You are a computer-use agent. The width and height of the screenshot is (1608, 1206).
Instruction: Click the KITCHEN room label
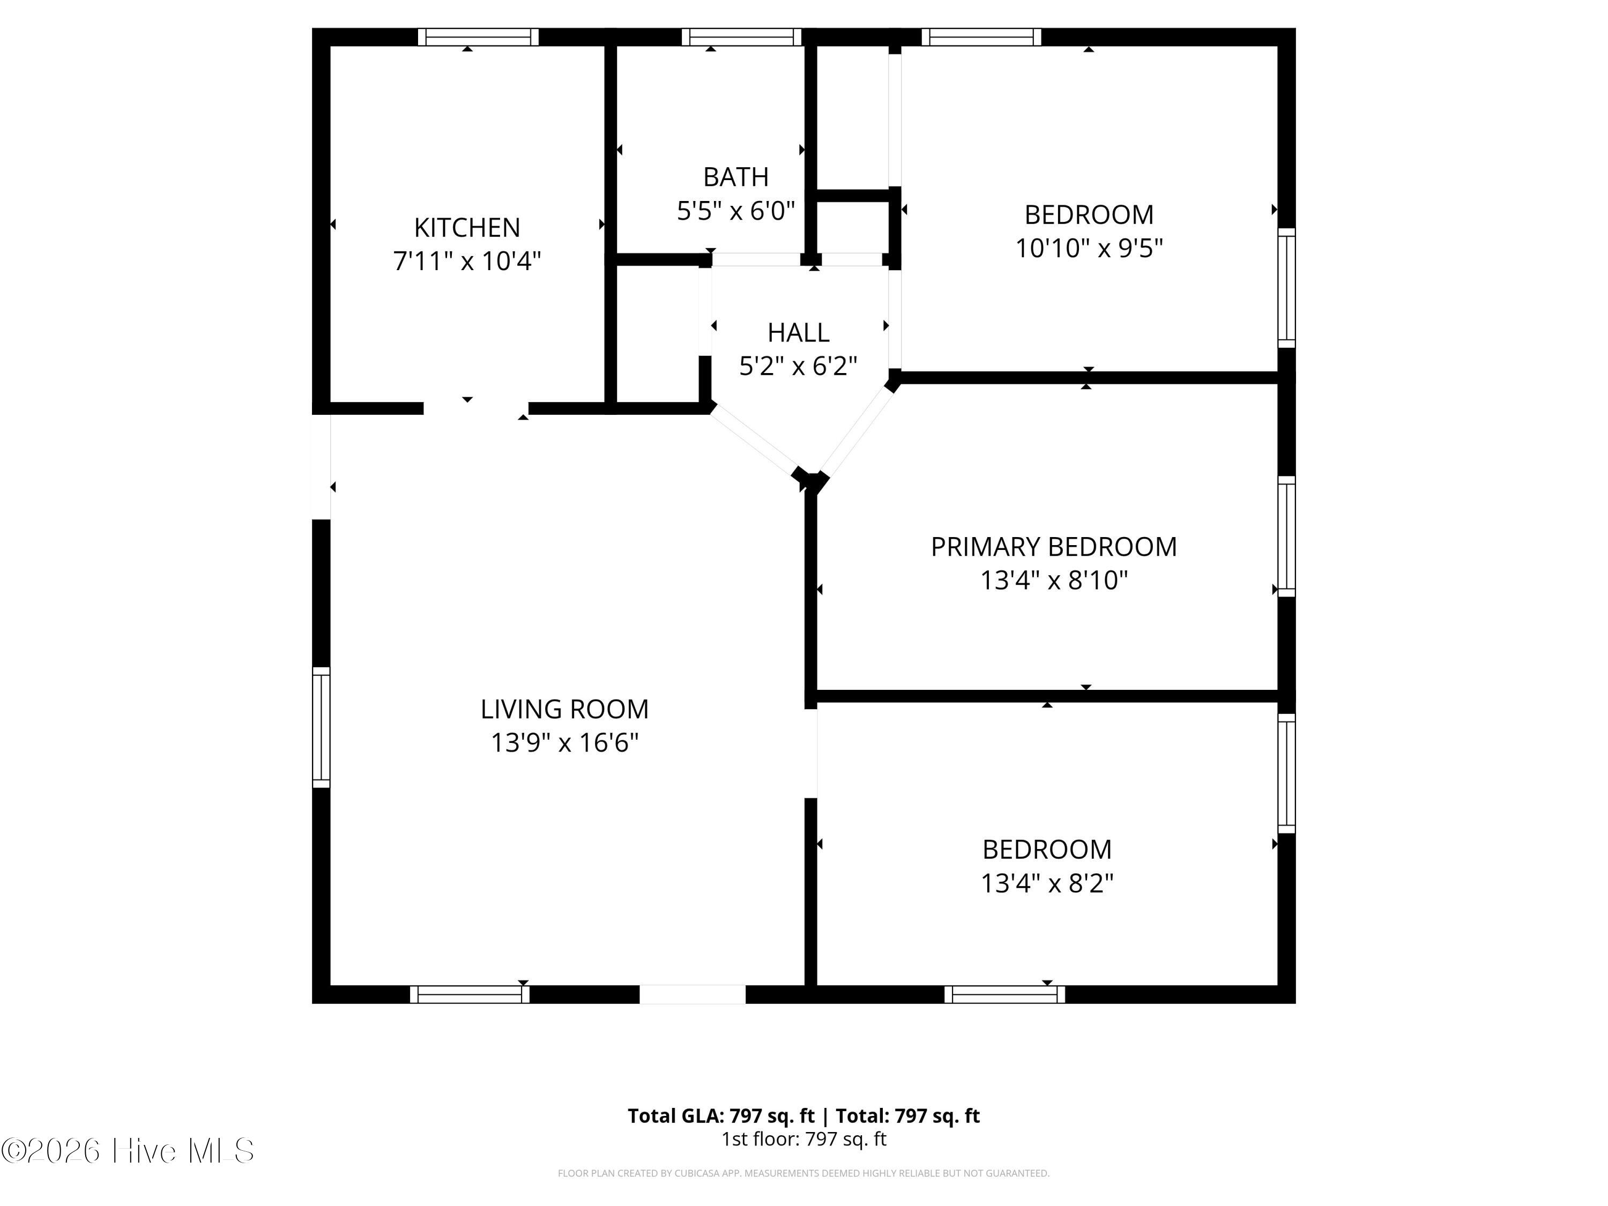pyautogui.click(x=467, y=228)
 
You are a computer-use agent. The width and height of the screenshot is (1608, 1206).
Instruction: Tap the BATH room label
pyautogui.click(x=736, y=177)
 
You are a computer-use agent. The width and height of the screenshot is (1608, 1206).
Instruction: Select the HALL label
pyautogui.click(x=798, y=332)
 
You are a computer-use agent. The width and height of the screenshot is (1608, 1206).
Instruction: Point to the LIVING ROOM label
pyautogui.click(x=564, y=709)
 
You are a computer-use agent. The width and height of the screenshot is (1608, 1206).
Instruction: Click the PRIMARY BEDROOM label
pyautogui.click(x=1053, y=547)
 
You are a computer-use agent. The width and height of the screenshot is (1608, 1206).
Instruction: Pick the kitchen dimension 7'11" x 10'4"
pyautogui.click(x=467, y=261)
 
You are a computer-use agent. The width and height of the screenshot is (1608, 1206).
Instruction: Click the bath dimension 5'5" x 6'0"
pyautogui.click(x=736, y=211)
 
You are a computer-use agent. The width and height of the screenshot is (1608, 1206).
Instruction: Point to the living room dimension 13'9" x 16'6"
pyautogui.click(x=564, y=743)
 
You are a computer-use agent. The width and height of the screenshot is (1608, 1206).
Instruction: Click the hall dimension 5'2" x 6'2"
pyautogui.click(x=798, y=366)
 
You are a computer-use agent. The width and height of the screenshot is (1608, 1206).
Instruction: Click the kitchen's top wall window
pyautogui.click(x=478, y=37)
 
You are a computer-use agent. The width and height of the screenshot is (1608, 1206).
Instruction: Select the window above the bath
pyautogui.click(x=741, y=37)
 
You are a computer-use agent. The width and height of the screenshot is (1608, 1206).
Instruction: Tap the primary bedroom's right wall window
pyautogui.click(x=1287, y=537)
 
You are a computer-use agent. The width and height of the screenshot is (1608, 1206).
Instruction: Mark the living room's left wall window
pyautogui.click(x=321, y=727)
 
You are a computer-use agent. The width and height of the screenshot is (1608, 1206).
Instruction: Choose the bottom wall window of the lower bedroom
pyautogui.click(x=1004, y=994)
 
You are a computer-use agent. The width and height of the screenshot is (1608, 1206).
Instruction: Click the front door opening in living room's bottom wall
pyautogui.click(x=693, y=994)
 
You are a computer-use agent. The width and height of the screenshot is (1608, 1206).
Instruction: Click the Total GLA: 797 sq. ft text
pyautogui.click(x=721, y=1116)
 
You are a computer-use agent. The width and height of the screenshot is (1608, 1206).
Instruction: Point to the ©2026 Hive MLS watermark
pyautogui.click(x=128, y=1151)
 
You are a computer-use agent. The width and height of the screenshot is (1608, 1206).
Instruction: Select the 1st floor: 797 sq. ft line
pyautogui.click(x=804, y=1139)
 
